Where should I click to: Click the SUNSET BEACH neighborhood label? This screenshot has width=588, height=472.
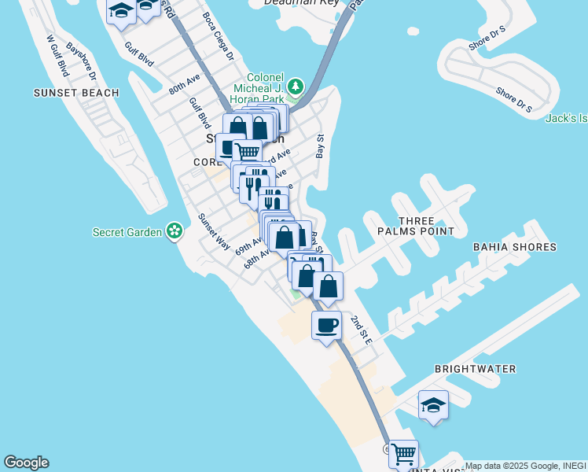point(76,93)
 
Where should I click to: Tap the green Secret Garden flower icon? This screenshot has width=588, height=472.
point(174,231)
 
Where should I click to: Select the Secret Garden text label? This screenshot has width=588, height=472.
point(127,232)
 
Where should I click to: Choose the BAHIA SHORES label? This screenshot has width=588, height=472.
point(514,247)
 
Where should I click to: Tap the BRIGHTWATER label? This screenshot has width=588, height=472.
point(475,368)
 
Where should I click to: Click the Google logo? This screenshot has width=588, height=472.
point(26,463)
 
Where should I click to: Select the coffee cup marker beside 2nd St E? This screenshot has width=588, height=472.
point(327,324)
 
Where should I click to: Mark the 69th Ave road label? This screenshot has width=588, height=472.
point(248,246)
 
